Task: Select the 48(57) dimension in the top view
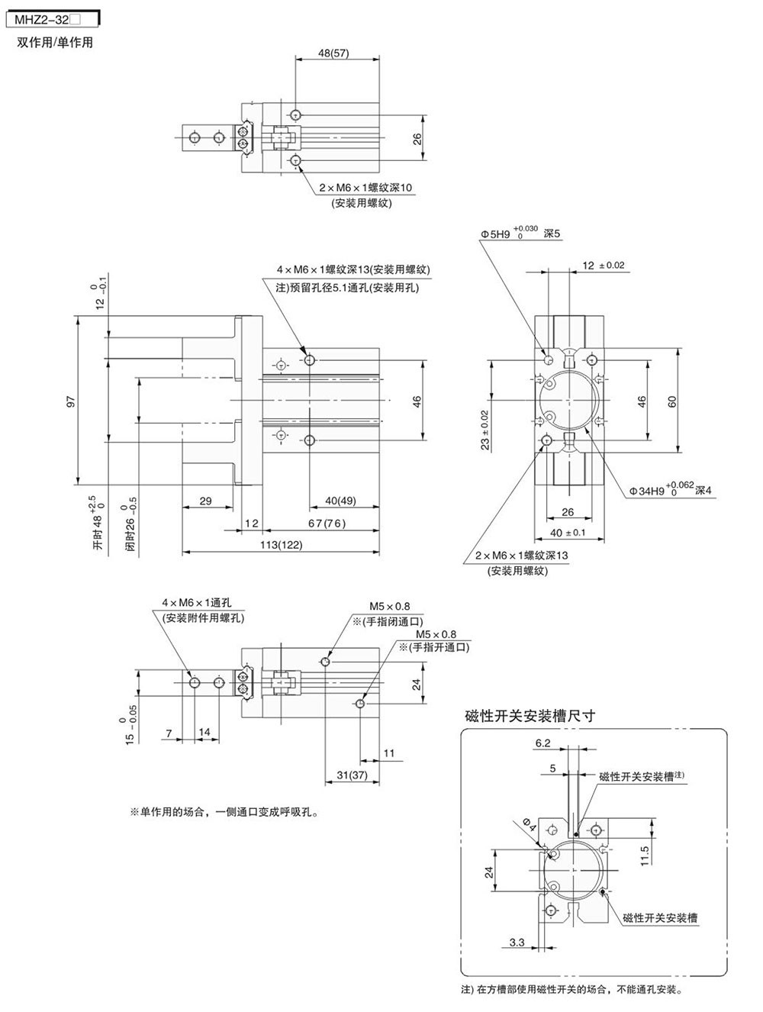pos(333,53)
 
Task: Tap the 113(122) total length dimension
pos(281,544)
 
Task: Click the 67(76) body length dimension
pos(327,524)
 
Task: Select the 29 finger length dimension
pos(205,501)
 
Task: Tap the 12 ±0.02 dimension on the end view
pos(603,266)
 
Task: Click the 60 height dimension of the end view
pos(672,401)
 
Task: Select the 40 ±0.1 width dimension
pos(568,533)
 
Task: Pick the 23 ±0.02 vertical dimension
pos(485,430)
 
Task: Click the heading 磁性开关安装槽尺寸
pos(530,716)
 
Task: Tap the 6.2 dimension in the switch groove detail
pos(543,743)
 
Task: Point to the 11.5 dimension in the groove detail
pos(645,856)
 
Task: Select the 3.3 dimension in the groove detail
pos(517,943)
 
